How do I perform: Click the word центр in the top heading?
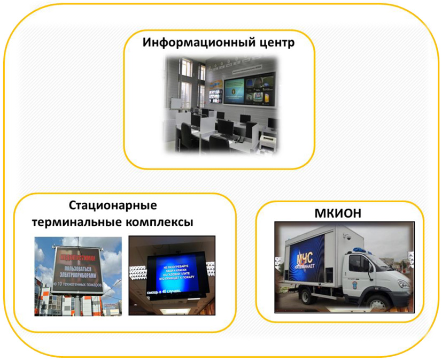[x=275, y=43]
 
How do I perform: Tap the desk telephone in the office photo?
[x=240, y=140]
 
